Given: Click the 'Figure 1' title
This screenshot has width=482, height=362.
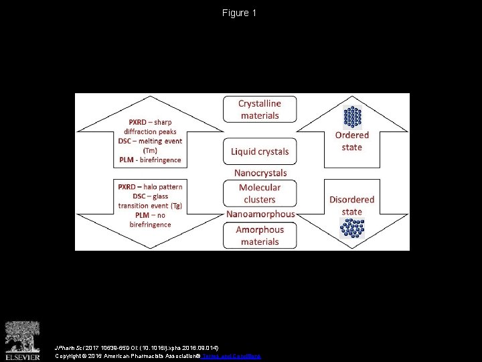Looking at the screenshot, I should [x=240, y=13].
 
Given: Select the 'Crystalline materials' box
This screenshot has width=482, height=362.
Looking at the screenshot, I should [x=260, y=109].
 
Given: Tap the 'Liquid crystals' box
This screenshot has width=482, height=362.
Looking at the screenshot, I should [x=260, y=152].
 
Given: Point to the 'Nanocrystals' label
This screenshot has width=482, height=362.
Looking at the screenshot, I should [x=260, y=173].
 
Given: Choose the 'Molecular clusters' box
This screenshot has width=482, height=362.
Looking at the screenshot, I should [x=260, y=194].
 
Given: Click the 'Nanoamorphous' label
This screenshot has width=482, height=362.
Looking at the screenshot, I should [x=260, y=215].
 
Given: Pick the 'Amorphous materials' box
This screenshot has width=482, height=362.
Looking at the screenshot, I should [x=260, y=235].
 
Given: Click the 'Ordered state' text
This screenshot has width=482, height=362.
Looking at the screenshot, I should [x=351, y=141].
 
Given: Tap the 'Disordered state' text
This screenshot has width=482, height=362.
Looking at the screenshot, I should [x=351, y=205].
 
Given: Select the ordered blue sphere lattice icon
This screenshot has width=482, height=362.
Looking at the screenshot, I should [x=351, y=116].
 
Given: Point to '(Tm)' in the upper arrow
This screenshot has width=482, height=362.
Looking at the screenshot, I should [x=150, y=151].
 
